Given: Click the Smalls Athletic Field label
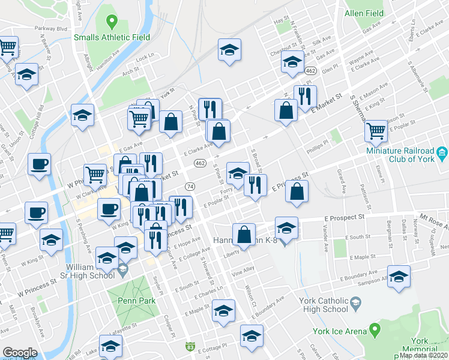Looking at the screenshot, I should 112,37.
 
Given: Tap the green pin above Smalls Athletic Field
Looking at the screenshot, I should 111,23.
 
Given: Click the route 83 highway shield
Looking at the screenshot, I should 190,346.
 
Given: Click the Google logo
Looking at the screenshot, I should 20,353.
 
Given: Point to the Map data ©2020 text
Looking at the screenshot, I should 424,355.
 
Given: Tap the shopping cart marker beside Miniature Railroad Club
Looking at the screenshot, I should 376,130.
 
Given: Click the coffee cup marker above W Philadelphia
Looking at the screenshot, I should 39,164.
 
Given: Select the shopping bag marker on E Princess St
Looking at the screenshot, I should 297,192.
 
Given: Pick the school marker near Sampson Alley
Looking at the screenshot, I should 398,277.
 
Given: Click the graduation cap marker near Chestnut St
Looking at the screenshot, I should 292,62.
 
